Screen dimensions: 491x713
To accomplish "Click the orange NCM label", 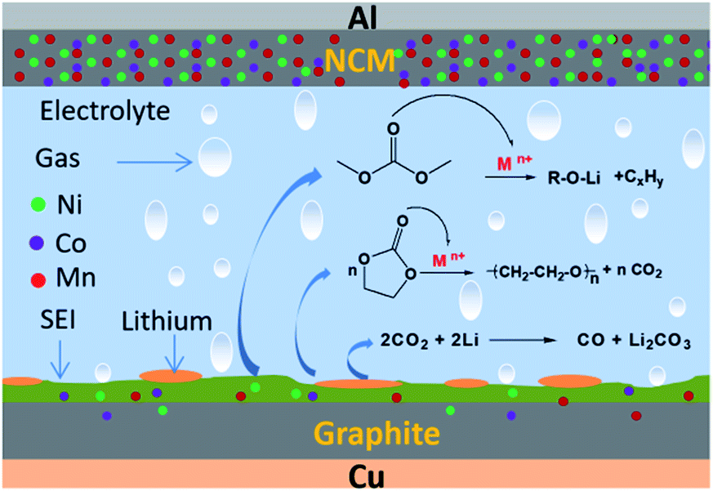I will [357, 62].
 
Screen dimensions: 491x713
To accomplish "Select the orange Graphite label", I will [357, 432].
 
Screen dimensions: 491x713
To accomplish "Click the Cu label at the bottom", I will [356, 476].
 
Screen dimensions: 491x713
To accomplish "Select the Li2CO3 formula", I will [662, 344].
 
